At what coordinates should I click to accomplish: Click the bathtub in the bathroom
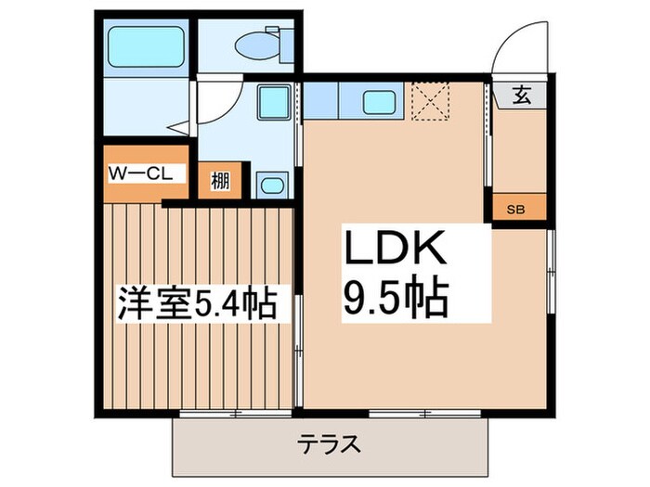pyautogui.click(x=143, y=46)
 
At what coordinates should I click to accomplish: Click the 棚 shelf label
pyautogui.click(x=221, y=180)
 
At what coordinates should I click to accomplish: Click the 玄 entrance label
pyautogui.click(x=522, y=95)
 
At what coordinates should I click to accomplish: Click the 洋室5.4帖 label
pyautogui.click(x=198, y=304)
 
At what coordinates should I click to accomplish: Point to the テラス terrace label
pyautogui.click(x=329, y=443)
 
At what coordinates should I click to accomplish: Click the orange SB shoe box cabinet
pyautogui.click(x=516, y=209)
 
